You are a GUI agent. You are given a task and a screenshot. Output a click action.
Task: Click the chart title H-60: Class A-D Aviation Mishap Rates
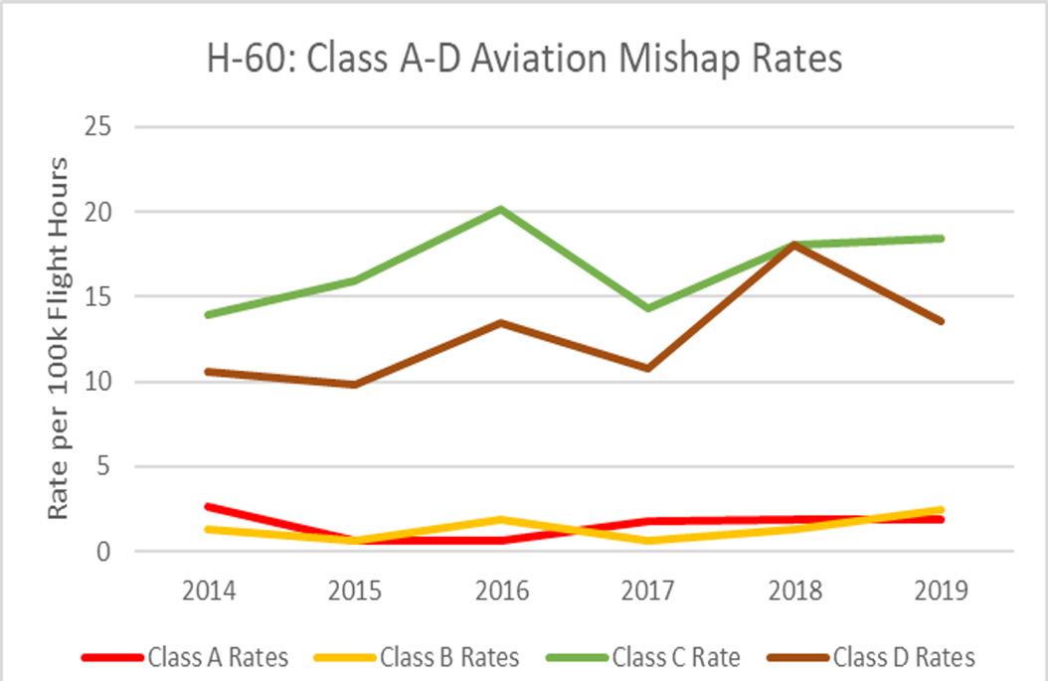tap(524, 58)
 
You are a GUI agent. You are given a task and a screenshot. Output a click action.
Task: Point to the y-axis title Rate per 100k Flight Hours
tap(58, 338)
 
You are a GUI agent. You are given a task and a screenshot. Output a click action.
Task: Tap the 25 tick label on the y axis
tap(97, 125)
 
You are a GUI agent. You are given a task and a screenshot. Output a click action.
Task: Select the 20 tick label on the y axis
tap(97, 211)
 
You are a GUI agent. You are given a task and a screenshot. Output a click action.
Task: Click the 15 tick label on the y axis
tap(97, 296)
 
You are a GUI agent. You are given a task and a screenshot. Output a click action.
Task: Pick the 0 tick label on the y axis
tap(103, 552)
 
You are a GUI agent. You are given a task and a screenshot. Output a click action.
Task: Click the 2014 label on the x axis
tap(209, 591)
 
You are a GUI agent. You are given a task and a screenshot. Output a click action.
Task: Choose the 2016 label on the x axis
tap(502, 591)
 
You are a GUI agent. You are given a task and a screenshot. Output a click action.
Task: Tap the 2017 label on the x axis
tap(648, 591)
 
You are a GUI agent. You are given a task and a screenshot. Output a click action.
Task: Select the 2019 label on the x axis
tap(941, 591)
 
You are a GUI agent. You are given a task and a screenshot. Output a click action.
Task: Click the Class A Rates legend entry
tap(185, 657)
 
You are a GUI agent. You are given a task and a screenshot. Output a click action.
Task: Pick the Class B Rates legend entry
tap(417, 657)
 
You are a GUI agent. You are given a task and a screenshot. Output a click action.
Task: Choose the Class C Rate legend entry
tap(643, 657)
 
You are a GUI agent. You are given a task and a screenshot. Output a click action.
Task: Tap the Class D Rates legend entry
tap(871, 657)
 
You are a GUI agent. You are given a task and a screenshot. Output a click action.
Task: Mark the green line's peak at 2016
tap(501, 209)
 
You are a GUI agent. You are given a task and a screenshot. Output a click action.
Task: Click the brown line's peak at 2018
tap(794, 245)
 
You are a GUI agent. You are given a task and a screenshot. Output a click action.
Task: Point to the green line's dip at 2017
tap(648, 308)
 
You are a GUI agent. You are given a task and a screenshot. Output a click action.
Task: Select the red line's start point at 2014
tap(209, 507)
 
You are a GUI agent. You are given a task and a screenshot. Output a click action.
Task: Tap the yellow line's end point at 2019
tap(941, 510)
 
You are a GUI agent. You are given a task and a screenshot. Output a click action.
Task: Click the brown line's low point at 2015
tap(355, 385)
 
